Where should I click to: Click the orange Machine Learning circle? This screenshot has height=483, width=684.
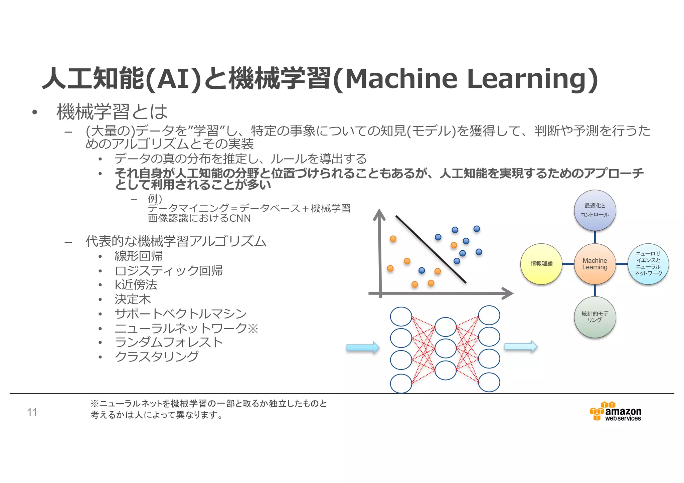coord(595,264)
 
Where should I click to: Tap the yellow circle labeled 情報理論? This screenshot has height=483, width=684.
coord(541,264)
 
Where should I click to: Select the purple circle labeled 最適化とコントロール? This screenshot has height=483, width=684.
coord(595,210)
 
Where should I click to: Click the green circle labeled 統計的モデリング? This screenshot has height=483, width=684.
coord(595,317)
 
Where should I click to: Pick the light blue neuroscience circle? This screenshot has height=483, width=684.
coord(648,264)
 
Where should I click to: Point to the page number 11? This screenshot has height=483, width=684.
coord(32,413)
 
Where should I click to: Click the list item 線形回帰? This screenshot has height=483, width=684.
coord(139,256)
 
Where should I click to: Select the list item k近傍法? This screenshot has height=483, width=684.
coord(136,285)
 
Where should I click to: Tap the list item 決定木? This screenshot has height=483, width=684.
coord(133,299)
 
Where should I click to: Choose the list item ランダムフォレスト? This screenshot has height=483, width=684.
coord(169,342)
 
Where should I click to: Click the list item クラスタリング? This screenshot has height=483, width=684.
coord(156,356)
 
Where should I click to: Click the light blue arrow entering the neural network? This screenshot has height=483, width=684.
coord(363,347)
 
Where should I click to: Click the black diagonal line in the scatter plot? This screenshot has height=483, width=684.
coord(431,249)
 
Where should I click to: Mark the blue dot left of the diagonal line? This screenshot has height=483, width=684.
coord(422,270)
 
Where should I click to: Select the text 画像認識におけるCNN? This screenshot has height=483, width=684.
coord(199,218)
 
